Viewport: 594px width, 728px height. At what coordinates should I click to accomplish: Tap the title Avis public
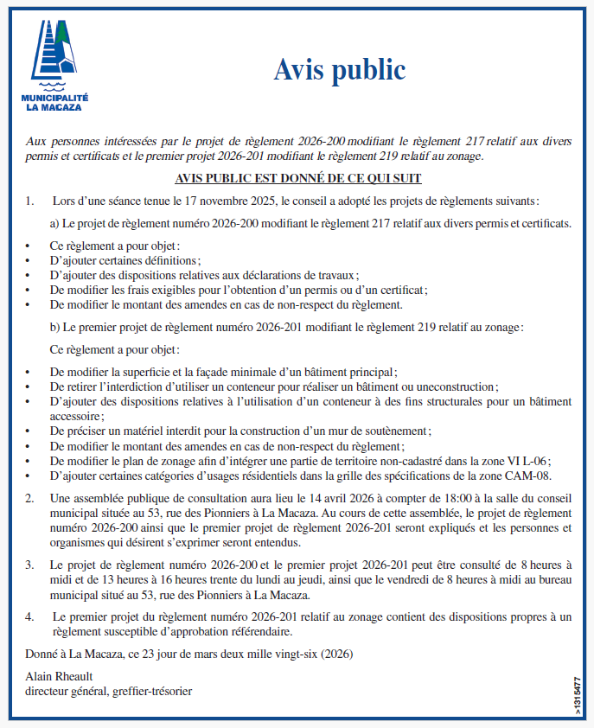[339, 68]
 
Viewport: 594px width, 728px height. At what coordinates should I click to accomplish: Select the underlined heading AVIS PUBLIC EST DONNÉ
[297, 179]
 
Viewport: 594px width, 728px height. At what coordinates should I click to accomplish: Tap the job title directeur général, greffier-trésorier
[109, 691]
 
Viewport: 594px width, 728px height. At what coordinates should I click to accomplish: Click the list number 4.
[29, 617]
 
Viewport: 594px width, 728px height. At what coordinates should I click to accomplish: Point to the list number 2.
[29, 499]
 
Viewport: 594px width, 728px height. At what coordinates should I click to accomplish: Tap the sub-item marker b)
[55, 328]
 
